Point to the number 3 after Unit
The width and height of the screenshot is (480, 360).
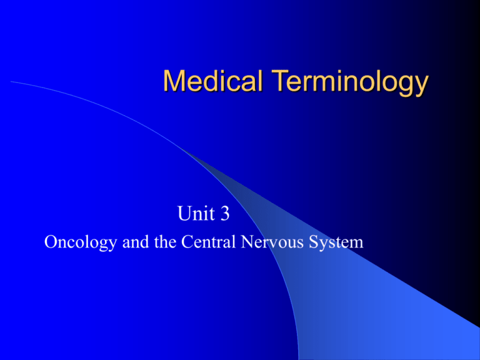pyautogui.click(x=224, y=216)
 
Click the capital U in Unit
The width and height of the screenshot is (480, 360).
pyautogui.click(x=175, y=216)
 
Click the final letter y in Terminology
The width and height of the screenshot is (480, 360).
pyautogui.click(x=422, y=86)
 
